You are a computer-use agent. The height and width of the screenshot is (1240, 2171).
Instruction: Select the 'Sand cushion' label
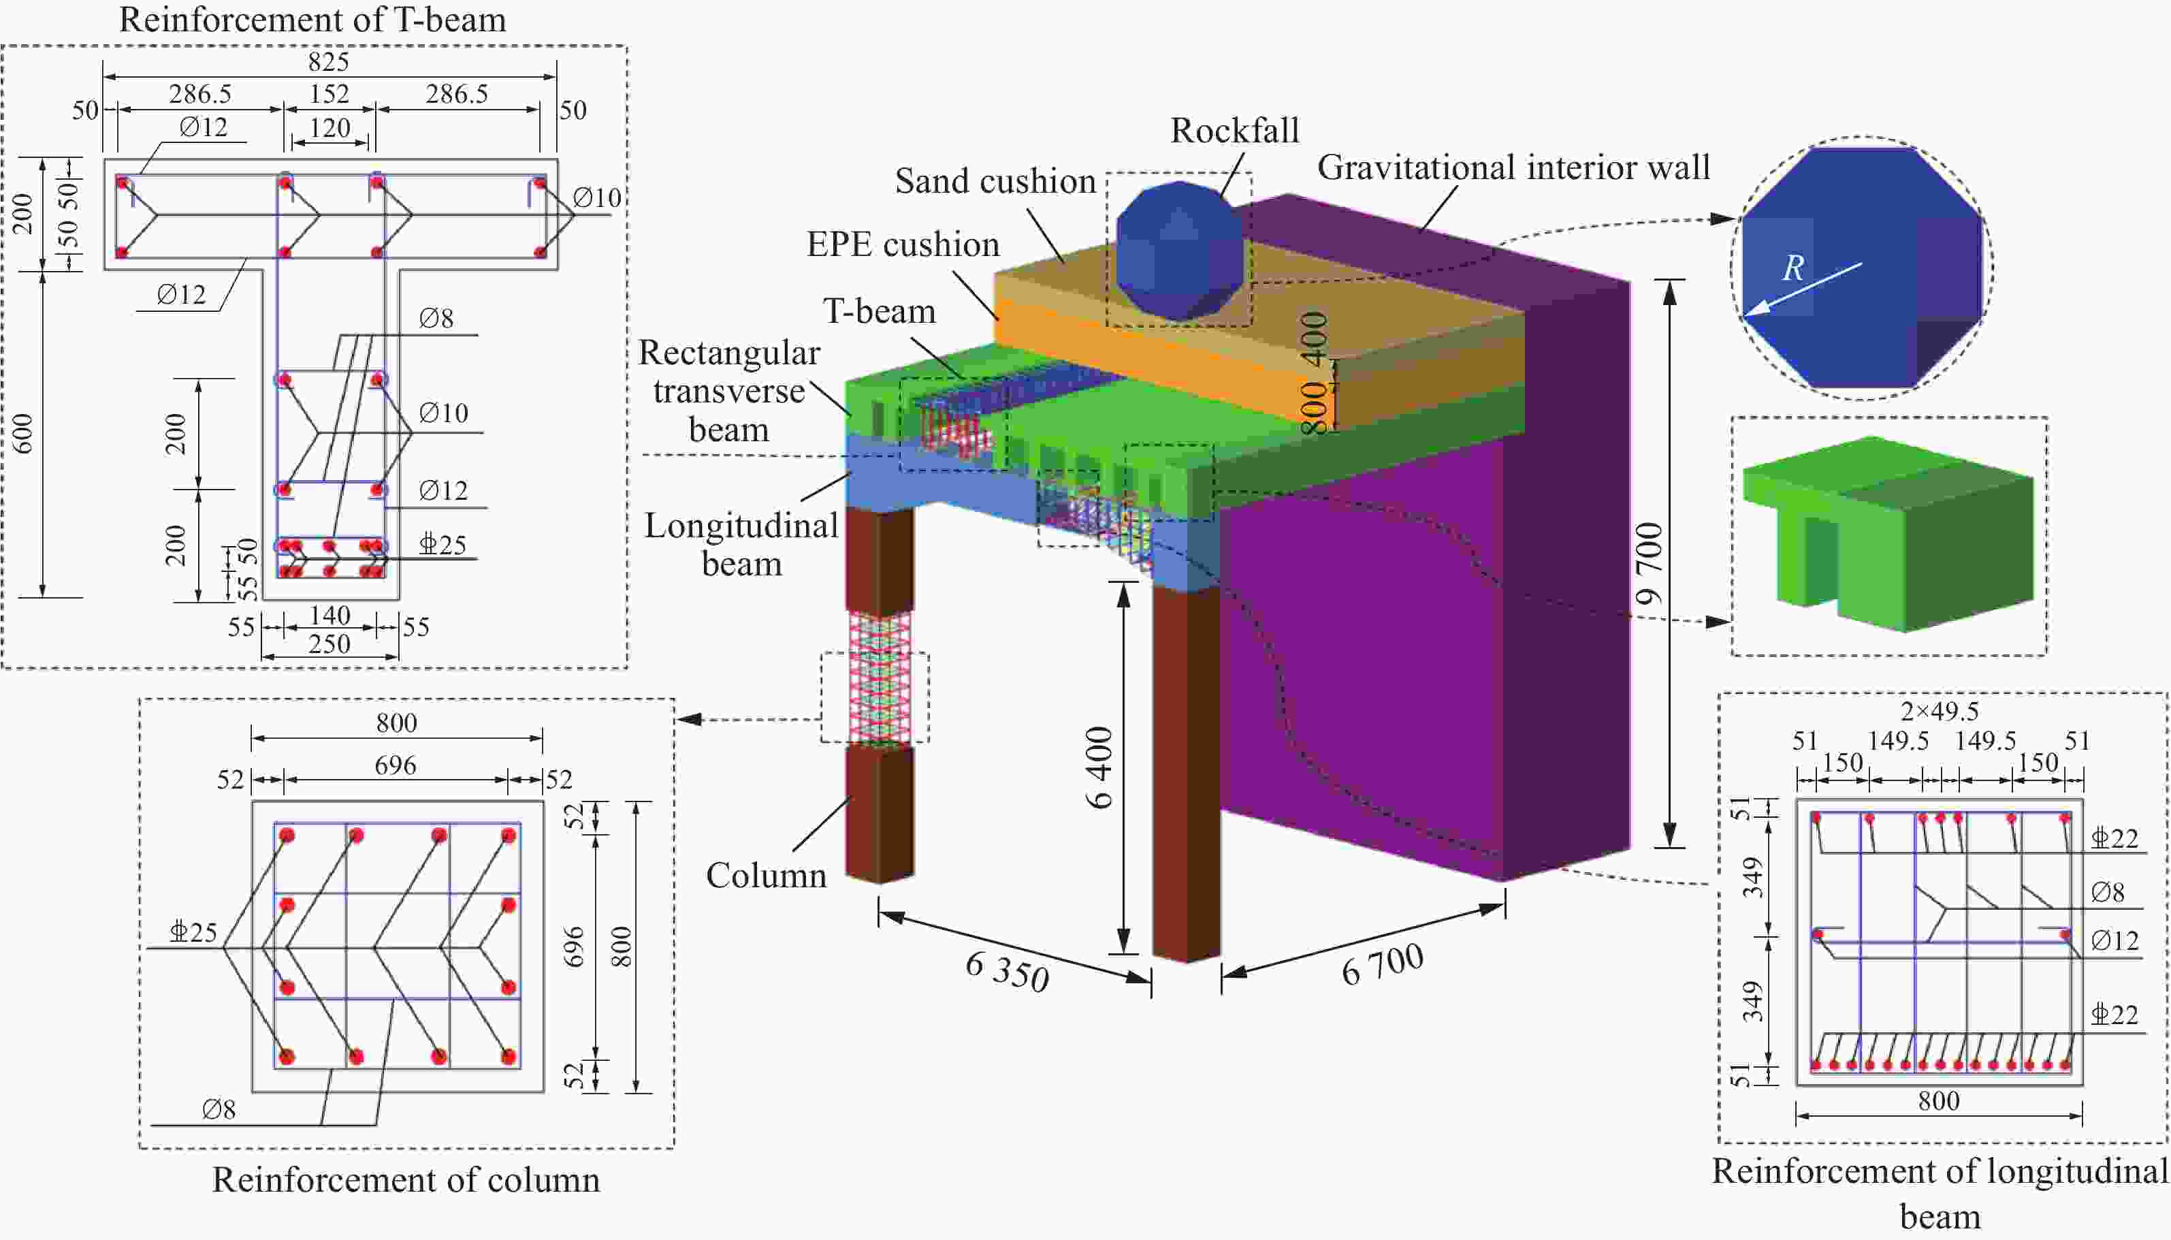[995, 181]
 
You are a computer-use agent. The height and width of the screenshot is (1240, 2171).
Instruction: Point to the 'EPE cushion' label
[903, 245]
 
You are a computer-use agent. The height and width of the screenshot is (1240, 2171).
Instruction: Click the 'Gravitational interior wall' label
[1513, 168]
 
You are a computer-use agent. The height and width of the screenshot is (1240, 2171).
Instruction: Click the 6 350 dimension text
[1007, 972]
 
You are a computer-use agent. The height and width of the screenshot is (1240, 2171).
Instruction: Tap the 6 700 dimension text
[1382, 965]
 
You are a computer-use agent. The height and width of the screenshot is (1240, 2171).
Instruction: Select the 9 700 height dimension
[1649, 563]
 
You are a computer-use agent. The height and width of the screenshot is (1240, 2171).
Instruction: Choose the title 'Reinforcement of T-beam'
[312, 20]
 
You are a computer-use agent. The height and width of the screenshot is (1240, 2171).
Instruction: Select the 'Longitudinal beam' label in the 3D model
[741, 544]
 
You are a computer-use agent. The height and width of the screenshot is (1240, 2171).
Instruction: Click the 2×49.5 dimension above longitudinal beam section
[1940, 711]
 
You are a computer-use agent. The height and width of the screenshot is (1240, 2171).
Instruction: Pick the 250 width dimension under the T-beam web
[329, 644]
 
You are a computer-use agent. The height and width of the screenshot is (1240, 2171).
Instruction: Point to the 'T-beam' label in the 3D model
[879, 312]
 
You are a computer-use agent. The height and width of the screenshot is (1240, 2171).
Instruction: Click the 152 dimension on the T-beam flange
[329, 94]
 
